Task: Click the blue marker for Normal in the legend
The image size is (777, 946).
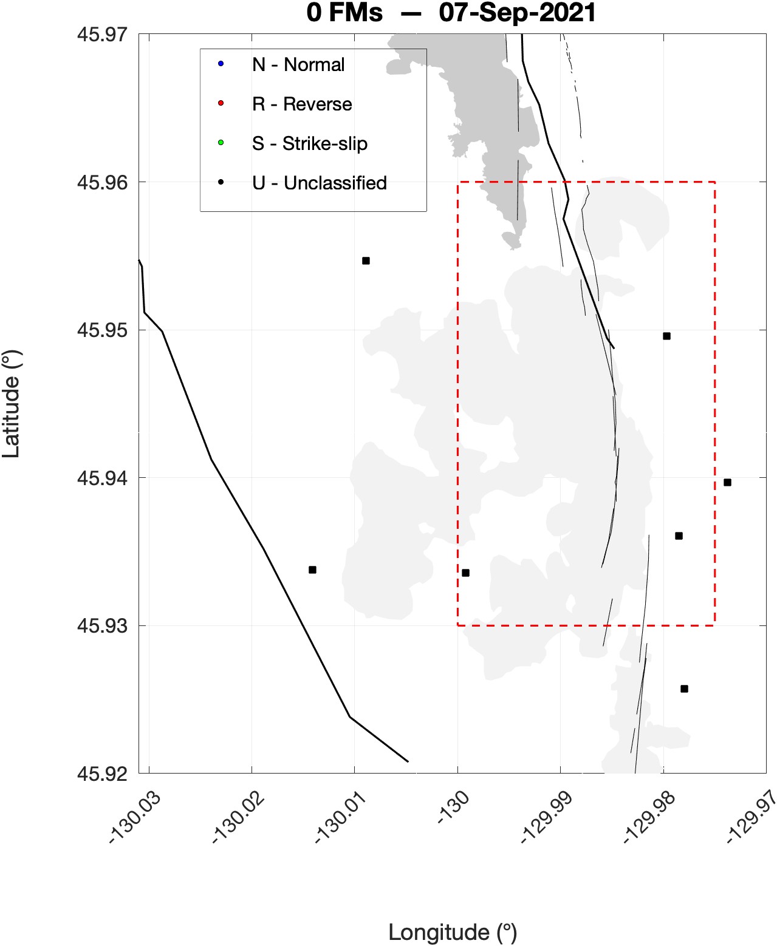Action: [221, 64]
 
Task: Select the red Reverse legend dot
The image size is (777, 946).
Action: [221, 103]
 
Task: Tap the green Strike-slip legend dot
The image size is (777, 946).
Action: [221, 143]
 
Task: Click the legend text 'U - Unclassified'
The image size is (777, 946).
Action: [320, 183]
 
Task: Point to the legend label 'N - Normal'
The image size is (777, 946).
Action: [298, 64]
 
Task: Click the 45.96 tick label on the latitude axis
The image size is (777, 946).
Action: [102, 182]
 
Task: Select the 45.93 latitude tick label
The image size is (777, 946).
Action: [102, 626]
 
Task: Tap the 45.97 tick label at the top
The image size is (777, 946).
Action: [102, 34]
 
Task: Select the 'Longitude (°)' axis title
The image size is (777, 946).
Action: [453, 932]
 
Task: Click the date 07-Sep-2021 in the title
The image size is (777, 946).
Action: [518, 13]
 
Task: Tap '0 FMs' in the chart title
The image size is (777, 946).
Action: [344, 13]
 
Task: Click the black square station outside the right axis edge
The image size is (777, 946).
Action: [727, 483]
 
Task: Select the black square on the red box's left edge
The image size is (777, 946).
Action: [465, 573]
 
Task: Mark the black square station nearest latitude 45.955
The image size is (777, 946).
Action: [366, 261]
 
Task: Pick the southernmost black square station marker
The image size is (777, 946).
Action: [684, 689]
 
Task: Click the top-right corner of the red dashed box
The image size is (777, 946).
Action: [714, 182]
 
